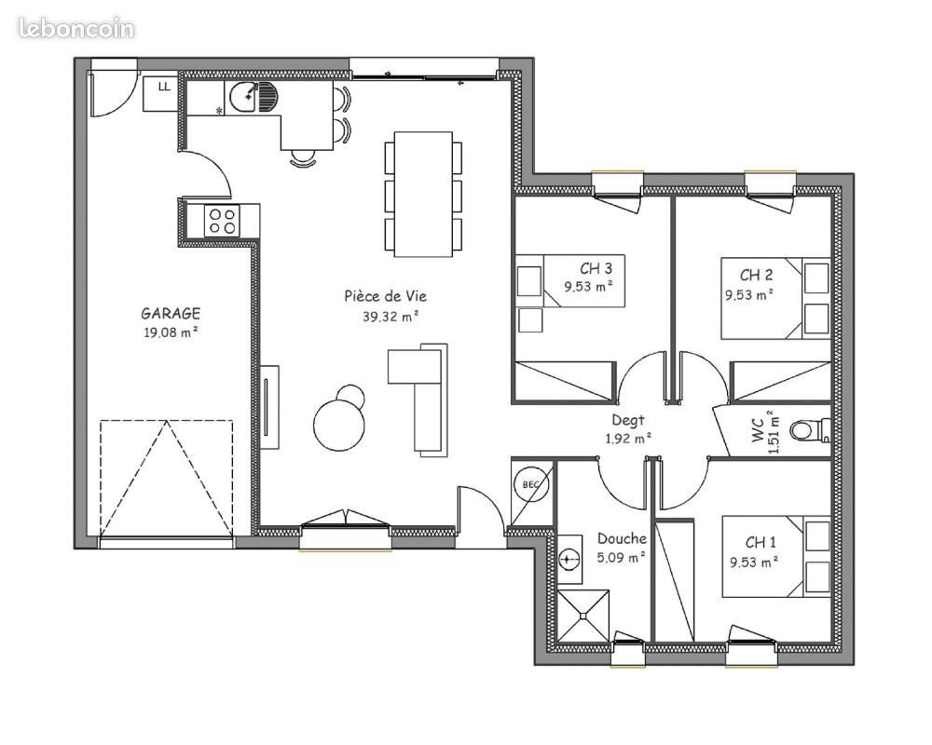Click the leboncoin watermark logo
76,28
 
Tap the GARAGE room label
171,314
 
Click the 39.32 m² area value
391,316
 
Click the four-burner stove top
222,221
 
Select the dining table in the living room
424,194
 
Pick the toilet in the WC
808,430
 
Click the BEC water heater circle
530,485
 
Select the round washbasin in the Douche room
570,559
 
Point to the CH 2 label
756,275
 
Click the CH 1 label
761,542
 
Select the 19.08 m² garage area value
170,332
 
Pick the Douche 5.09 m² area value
623,558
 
